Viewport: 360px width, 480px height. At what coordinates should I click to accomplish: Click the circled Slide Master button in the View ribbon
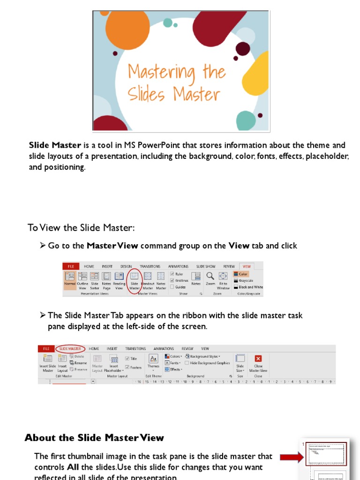click(x=135, y=280)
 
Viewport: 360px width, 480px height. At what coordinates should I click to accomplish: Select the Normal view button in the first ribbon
click(x=70, y=280)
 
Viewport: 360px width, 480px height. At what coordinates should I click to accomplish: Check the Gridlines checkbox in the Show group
click(x=172, y=280)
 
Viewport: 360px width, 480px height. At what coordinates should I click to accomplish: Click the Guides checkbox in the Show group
click(x=172, y=287)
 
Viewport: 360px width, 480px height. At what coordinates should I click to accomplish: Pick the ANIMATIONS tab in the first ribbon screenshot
click(x=178, y=266)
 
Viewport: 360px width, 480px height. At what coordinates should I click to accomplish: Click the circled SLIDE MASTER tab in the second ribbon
click(x=70, y=349)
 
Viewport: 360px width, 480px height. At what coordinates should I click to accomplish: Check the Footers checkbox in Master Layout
click(x=127, y=367)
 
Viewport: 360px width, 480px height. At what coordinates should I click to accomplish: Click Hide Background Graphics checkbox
click(x=187, y=363)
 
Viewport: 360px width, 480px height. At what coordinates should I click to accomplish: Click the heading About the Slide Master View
click(x=94, y=438)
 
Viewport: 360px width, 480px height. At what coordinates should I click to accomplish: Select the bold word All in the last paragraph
click(x=73, y=467)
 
